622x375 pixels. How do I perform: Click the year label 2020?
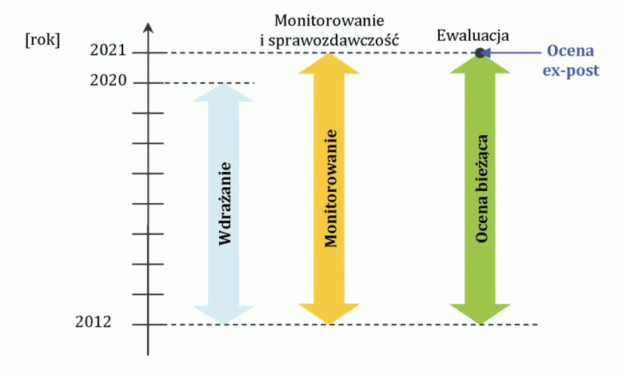(108, 82)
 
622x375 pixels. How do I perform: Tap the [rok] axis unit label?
(42, 38)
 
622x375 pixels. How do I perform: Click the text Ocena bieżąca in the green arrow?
(481, 189)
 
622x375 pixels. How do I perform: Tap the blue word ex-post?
(570, 70)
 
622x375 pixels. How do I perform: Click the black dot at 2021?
(480, 53)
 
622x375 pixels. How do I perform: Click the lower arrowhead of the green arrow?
(480, 314)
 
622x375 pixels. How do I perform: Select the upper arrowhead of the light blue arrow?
(225, 93)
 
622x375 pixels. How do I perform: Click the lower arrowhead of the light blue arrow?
(225, 314)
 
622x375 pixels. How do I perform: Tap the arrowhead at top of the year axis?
(148, 32)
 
